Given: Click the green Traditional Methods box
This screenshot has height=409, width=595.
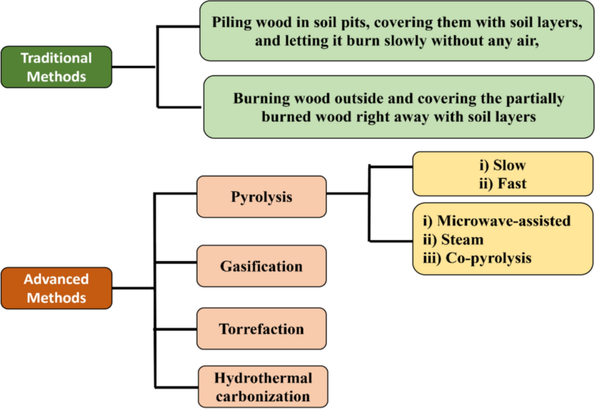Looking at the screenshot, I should (57, 67).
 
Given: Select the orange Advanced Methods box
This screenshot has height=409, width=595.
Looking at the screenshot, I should (57, 287).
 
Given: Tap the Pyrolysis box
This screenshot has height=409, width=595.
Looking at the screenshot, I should (261, 197).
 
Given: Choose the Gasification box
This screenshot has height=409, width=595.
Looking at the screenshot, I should (261, 266).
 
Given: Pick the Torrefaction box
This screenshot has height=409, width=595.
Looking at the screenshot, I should (261, 328).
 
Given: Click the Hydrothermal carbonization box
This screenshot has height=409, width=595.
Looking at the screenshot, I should (261, 387).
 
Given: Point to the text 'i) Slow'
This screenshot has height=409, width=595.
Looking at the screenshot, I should (497, 166).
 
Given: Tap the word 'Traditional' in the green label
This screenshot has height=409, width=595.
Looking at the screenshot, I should (57, 58).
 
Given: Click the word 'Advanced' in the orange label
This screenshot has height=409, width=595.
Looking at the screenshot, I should (55, 279).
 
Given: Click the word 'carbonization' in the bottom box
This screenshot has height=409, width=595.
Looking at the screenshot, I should (261, 396).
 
